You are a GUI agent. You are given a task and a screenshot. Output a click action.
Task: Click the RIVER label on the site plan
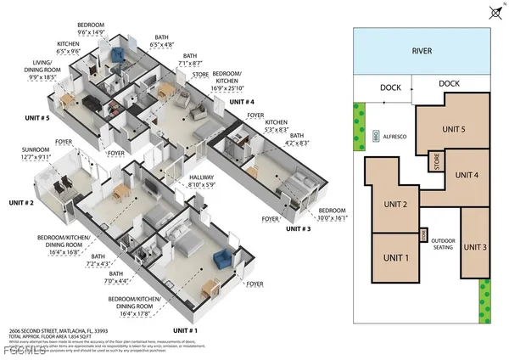coord(422,51)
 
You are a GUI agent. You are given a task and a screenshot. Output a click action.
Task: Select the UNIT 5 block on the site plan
coord(454,129)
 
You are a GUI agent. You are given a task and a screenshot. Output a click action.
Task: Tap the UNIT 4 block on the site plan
coord(467,175)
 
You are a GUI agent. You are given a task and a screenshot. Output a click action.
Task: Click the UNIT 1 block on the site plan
coord(395,257)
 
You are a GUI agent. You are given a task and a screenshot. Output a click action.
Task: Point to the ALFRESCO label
coord(394,135)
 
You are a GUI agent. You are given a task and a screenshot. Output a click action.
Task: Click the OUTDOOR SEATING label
coord(445,244)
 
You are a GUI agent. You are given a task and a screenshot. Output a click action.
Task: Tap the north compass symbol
coord(495,12)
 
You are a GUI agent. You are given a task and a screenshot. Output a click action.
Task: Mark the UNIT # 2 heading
coord(21,203)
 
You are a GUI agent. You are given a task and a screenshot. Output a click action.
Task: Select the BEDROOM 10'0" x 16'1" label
coord(333,213)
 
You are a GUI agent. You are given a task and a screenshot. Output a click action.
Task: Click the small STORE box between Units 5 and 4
coord(437,161)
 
